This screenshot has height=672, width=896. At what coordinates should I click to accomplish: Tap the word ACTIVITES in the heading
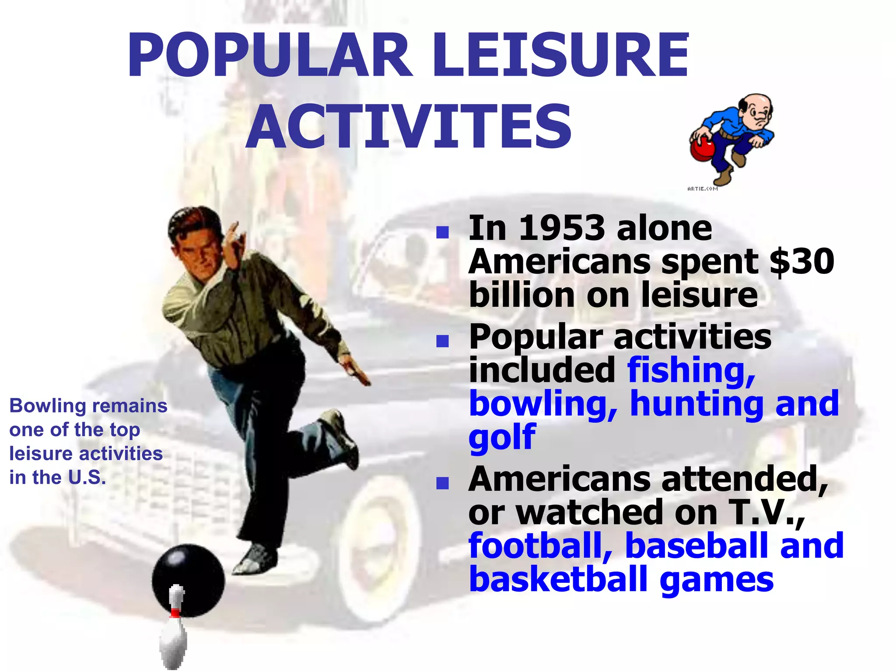(409, 127)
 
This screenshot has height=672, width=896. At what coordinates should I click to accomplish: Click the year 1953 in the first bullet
(562, 228)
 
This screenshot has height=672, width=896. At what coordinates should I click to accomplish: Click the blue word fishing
(691, 370)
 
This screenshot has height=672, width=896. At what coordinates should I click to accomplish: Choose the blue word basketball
(558, 579)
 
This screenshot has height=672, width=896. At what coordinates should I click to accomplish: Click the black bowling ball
(188, 577)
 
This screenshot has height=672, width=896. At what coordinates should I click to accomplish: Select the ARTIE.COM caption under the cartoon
(703, 189)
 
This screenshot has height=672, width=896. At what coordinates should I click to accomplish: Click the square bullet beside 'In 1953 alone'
(443, 232)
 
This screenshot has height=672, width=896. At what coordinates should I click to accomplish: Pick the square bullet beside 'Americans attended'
(443, 483)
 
